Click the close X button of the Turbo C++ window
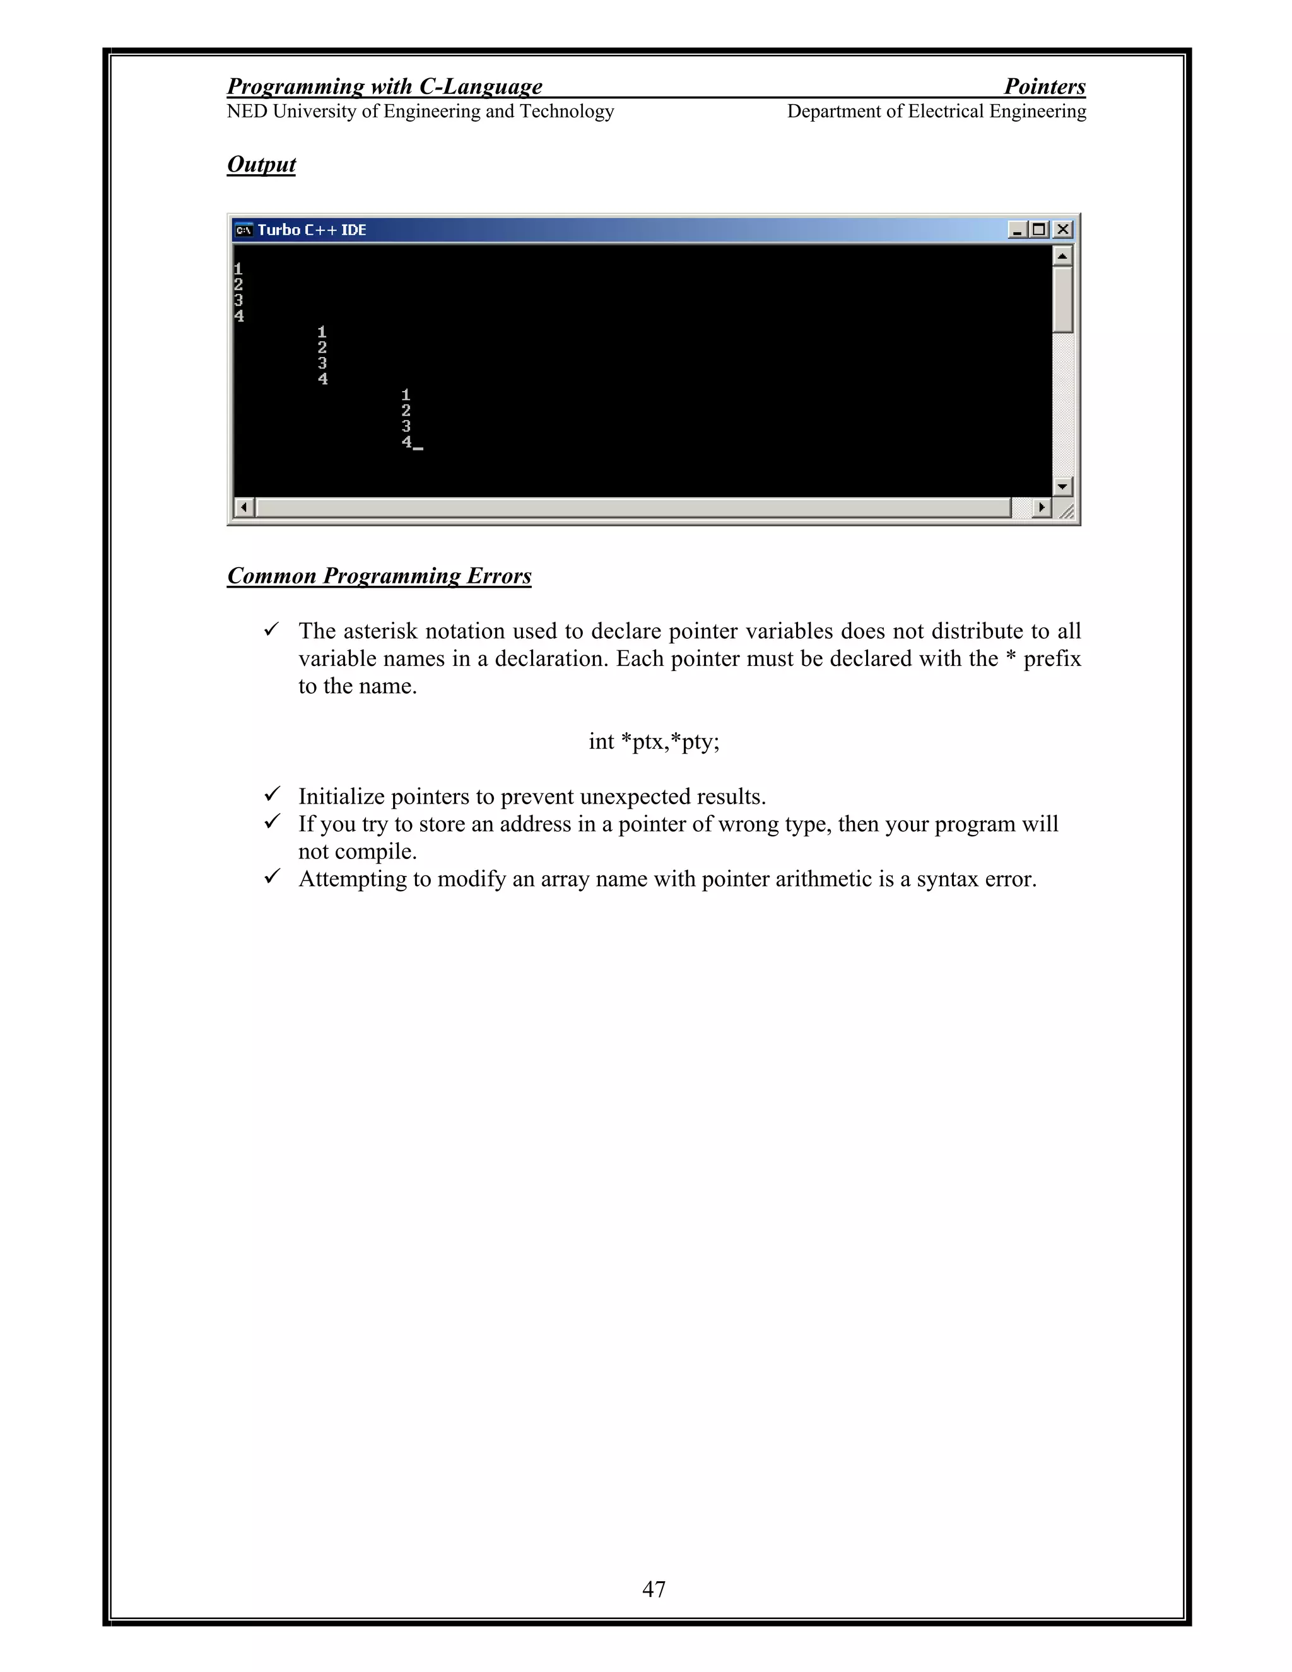click(1062, 230)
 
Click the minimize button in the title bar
click(1017, 230)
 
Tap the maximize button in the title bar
click(1039, 230)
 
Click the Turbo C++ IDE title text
click(312, 230)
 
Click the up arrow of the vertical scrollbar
click(1062, 255)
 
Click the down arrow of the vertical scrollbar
click(1062, 486)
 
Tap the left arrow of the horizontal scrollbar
click(244, 507)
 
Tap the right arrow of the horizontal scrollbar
click(1041, 507)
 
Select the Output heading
click(261, 165)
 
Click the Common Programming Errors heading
click(379, 576)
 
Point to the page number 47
click(654, 1589)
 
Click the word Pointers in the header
click(1045, 86)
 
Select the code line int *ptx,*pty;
click(654, 741)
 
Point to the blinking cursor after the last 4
click(418, 448)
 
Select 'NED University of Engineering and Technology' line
click(420, 112)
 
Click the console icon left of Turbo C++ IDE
click(244, 230)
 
